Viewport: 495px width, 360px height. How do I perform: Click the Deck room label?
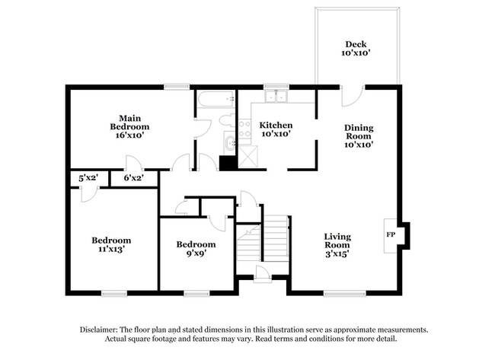[x=356, y=49]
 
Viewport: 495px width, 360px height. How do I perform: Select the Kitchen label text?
[x=276, y=125]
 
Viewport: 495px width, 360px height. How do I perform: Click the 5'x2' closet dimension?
[x=88, y=178]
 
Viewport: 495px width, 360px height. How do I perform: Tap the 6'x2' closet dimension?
[x=133, y=178]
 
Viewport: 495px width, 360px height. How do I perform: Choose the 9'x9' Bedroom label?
[x=196, y=249]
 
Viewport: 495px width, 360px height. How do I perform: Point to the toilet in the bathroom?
[x=225, y=120]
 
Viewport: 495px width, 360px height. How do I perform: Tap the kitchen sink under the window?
[x=276, y=97]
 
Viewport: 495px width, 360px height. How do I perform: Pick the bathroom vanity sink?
[x=229, y=143]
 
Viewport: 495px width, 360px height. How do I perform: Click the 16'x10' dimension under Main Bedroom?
[x=128, y=135]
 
